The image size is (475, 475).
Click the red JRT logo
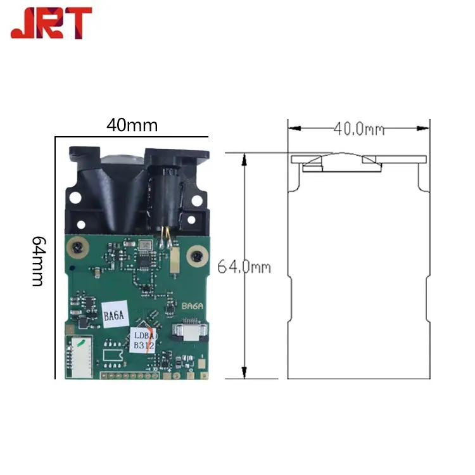click(51, 23)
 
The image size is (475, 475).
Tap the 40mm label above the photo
click(132, 125)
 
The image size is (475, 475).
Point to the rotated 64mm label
click(39, 261)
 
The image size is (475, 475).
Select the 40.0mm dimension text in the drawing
click(359, 129)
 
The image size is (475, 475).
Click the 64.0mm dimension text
click(244, 267)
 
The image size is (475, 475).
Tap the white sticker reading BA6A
click(115, 314)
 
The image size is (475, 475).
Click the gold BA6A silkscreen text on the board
click(193, 306)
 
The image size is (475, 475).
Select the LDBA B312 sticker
click(143, 340)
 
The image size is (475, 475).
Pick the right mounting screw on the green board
click(198, 256)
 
